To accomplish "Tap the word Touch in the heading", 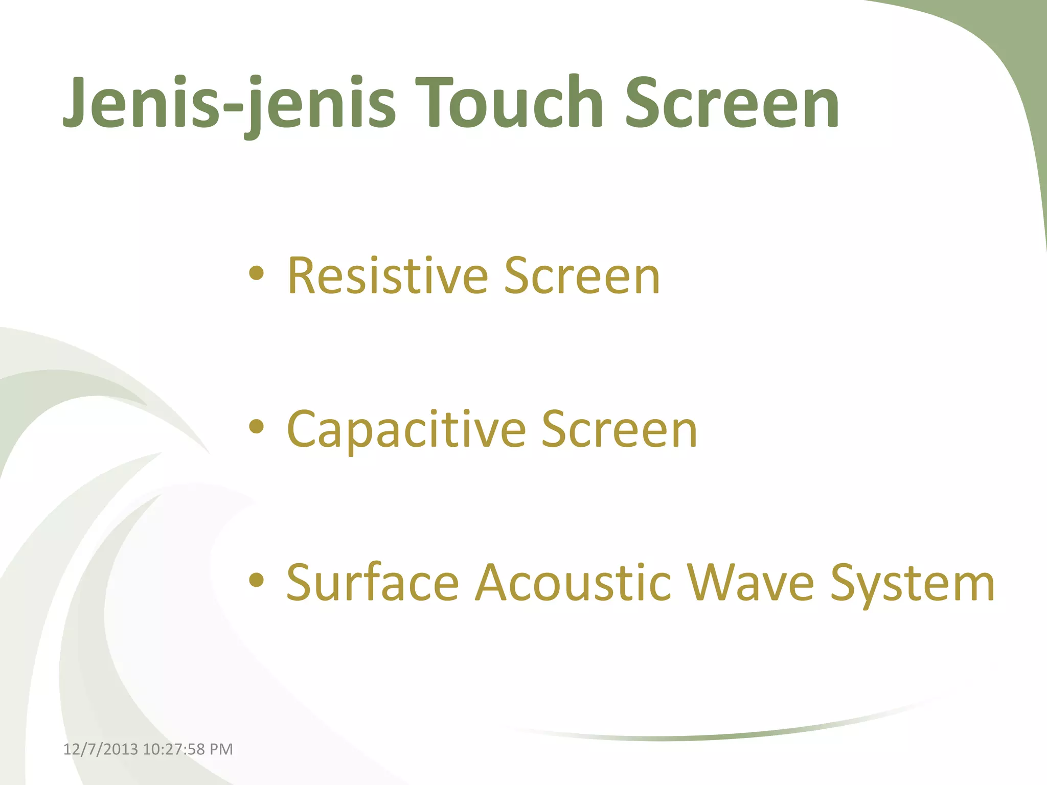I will (x=511, y=102).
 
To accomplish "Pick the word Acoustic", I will (x=573, y=583).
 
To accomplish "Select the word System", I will (x=912, y=583).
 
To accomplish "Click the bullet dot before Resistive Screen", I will (x=256, y=274).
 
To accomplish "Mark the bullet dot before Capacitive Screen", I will (x=256, y=427).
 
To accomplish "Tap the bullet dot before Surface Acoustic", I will (x=256, y=580).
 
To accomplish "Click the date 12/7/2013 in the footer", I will (x=100, y=749).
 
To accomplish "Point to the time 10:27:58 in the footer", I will (x=174, y=749).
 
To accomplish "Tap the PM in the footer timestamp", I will (x=221, y=749).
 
